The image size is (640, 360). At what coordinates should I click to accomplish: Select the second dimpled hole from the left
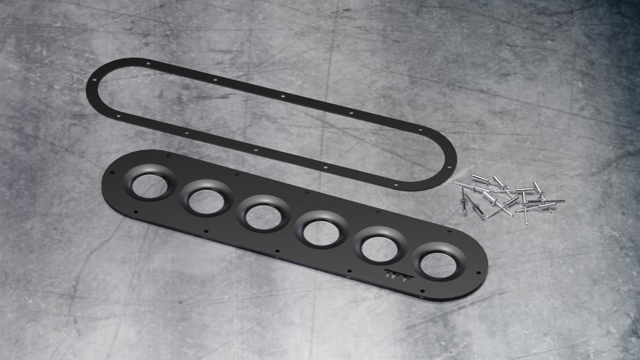pos(206,199)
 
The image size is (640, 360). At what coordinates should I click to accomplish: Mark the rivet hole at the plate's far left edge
pos(112,173)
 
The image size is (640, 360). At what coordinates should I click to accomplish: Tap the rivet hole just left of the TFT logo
pos(349,271)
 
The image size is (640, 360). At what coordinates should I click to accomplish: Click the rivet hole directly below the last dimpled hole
pos(421,290)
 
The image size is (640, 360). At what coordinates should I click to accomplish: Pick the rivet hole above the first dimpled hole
pos(168,156)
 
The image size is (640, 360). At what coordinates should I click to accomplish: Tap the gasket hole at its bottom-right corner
pos(396,184)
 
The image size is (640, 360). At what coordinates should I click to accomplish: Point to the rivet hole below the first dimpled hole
pos(136,212)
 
